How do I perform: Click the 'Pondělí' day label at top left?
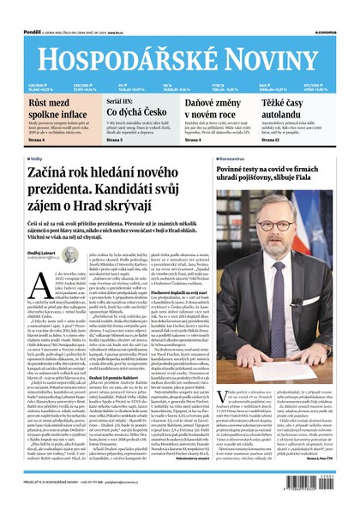(x=15, y=6)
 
